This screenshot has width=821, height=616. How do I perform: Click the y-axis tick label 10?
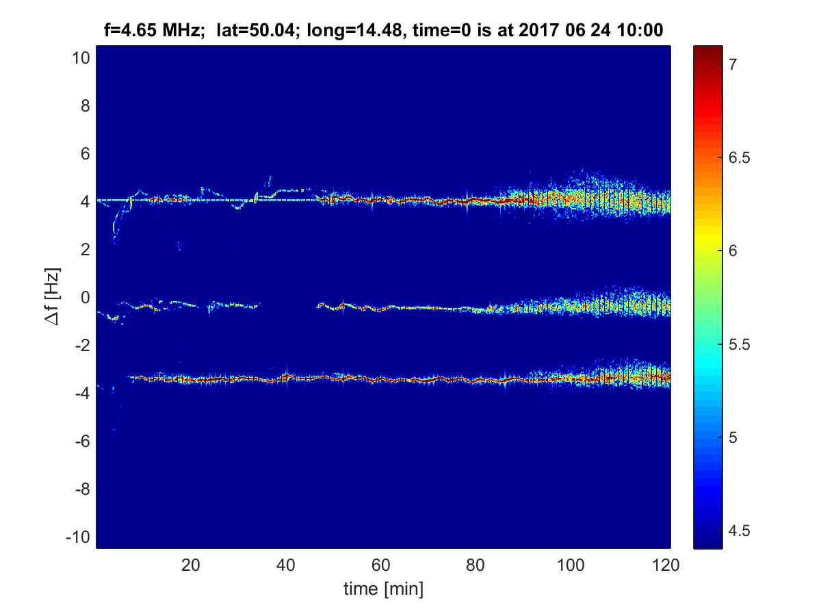click(80, 58)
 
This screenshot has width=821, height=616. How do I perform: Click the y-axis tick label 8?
click(84, 106)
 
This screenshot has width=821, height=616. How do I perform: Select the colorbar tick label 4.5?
click(737, 530)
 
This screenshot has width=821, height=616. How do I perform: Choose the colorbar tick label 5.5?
click(737, 344)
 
